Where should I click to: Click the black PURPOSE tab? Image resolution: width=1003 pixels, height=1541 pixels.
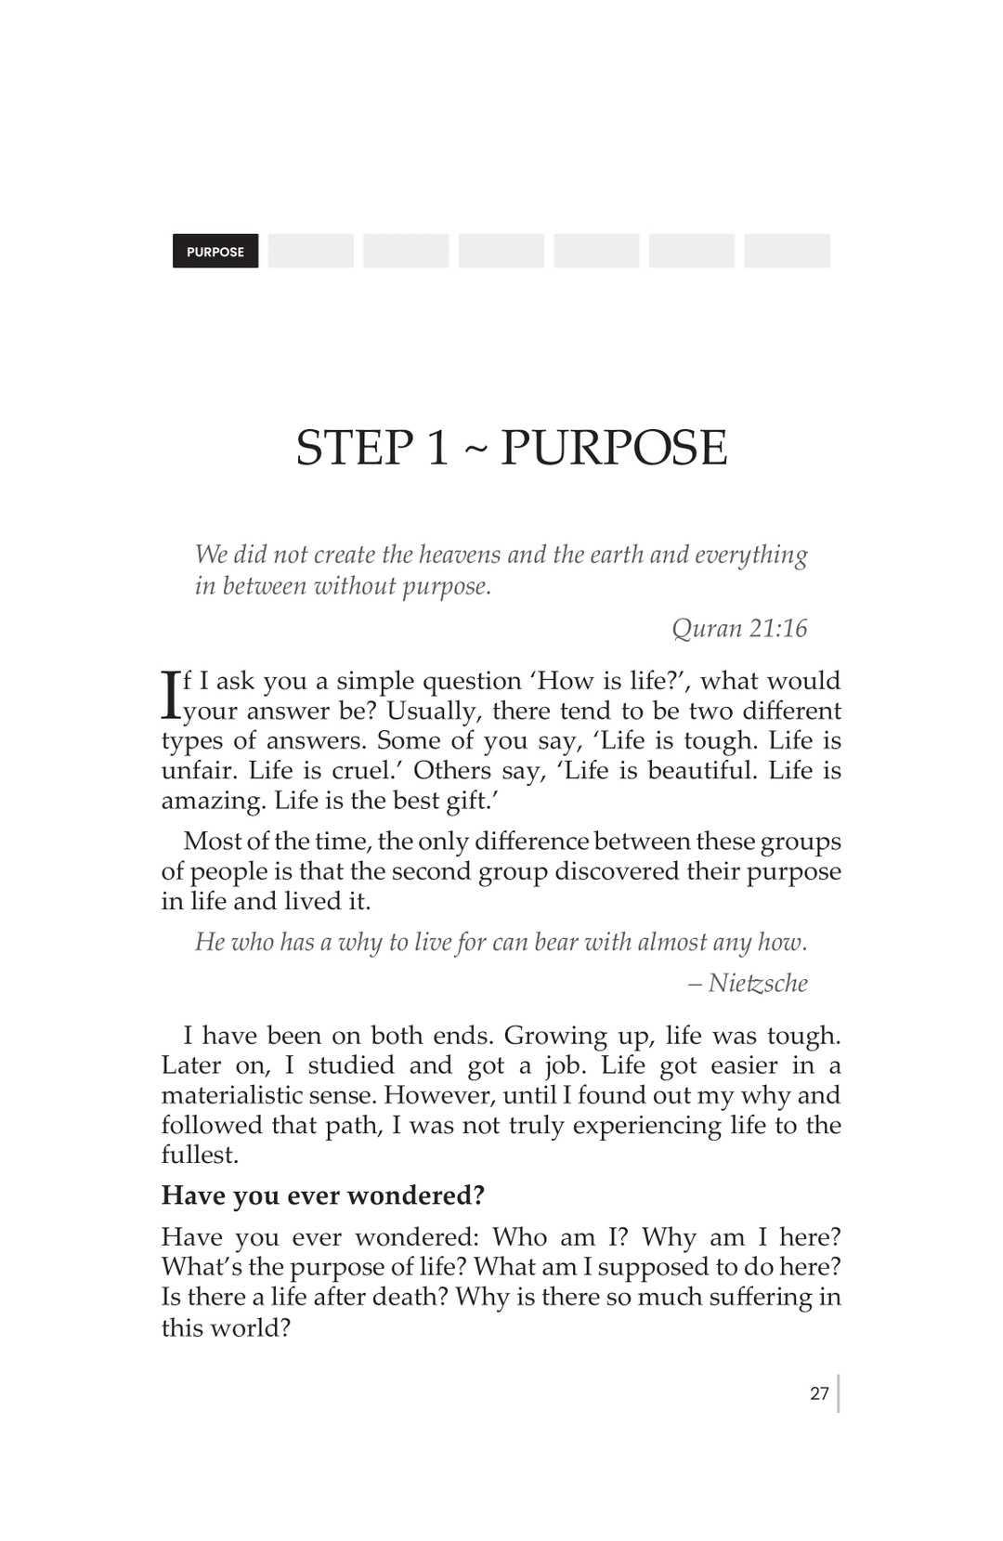tap(215, 252)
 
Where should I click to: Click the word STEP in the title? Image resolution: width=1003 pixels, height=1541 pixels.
tap(356, 448)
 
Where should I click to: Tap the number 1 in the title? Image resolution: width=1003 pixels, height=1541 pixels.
tap(437, 448)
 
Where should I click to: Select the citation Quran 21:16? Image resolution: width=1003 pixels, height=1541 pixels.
tap(739, 629)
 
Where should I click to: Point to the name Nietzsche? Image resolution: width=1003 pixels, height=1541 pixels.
tap(758, 983)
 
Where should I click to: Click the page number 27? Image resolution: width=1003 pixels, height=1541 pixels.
tap(819, 1393)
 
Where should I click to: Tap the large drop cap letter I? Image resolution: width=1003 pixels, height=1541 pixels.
tap(170, 695)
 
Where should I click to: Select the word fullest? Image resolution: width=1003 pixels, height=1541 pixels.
tap(200, 1155)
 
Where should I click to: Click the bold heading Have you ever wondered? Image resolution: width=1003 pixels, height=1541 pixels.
tap(323, 1195)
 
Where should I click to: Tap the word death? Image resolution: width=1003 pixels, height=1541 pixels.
tap(409, 1297)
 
